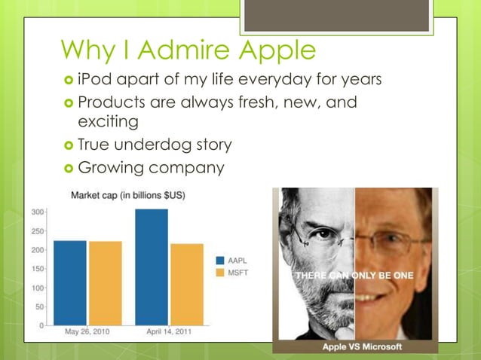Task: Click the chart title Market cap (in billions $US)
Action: tap(128, 196)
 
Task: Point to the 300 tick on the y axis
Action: tap(36, 212)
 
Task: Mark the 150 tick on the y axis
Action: tap(36, 269)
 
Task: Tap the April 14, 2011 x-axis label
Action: tap(169, 332)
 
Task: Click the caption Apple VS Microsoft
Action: tap(362, 346)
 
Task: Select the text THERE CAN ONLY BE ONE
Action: tap(354, 276)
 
